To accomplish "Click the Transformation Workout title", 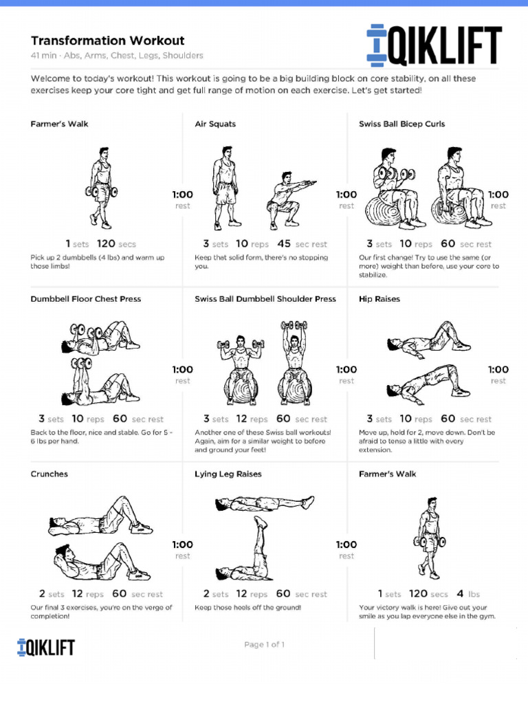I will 107,41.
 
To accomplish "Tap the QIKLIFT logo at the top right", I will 434,45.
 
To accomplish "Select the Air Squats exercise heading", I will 215,124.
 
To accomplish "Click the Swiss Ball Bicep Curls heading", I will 401,124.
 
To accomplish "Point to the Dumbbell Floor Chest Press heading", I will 86,299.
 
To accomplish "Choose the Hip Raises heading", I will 379,299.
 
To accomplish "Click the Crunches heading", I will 49,474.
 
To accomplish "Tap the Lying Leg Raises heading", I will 228,474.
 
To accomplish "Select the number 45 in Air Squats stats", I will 284,243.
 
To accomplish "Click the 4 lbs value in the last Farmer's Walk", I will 467,594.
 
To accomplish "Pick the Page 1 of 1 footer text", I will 264,645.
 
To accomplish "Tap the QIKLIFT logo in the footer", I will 46,647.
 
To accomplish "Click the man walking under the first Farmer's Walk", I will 102,187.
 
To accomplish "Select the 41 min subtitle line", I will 117,56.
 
